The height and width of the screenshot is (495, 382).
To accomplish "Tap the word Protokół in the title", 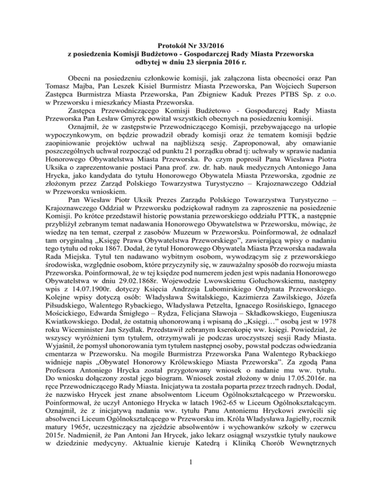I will coord(176,44).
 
